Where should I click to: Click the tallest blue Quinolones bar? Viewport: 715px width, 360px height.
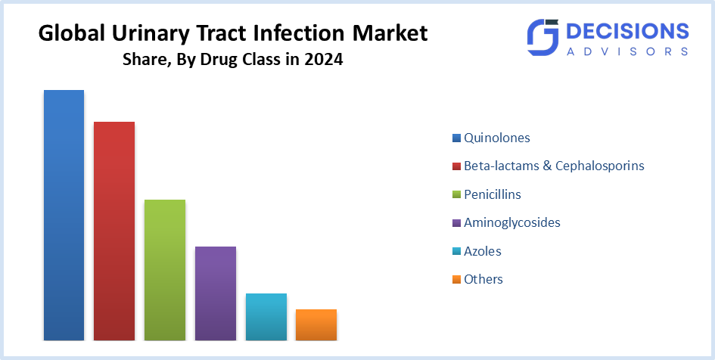[64, 215]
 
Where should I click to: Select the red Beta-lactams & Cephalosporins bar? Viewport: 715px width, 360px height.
[114, 231]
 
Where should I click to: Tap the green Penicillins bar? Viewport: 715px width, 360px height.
[165, 270]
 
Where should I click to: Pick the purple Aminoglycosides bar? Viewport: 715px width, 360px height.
[216, 293]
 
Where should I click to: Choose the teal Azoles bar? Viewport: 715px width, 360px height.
[266, 317]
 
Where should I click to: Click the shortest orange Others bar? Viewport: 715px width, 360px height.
[316, 324]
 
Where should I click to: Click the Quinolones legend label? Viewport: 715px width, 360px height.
[496, 138]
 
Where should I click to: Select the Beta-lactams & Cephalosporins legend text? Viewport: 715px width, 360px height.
[554, 166]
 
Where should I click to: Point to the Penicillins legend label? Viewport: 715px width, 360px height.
[492, 194]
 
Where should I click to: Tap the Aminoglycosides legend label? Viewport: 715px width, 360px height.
[511, 222]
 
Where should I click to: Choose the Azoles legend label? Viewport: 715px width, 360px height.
[482, 251]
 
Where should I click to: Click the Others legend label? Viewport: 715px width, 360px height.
[483, 279]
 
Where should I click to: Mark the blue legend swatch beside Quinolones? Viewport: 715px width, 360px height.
[456, 138]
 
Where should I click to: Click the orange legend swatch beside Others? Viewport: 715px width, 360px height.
[456, 280]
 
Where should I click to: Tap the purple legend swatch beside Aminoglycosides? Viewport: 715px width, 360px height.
[456, 223]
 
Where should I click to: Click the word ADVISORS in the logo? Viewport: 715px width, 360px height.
[627, 51]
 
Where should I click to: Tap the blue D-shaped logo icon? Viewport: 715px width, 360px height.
[542, 38]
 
